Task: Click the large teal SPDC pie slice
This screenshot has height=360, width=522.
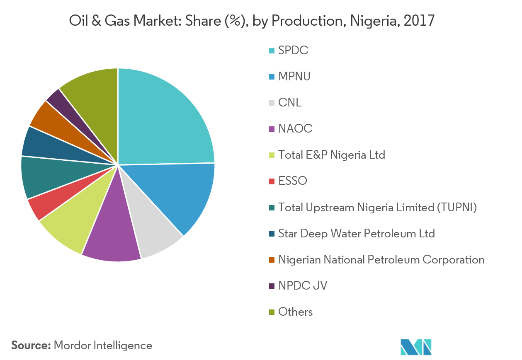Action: [x=162, y=120]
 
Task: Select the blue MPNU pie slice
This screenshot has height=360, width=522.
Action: [x=182, y=195]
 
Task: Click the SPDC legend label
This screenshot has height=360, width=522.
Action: [x=294, y=51]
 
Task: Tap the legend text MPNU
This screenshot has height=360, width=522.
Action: [x=294, y=77]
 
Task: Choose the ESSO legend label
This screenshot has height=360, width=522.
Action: [x=293, y=181]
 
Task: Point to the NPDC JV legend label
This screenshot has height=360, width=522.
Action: [x=303, y=285]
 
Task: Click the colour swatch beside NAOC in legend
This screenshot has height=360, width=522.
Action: [x=272, y=129]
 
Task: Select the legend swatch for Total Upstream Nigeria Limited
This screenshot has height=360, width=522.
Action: [x=272, y=208]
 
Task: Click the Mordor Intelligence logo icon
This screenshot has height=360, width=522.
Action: [x=416, y=347]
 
